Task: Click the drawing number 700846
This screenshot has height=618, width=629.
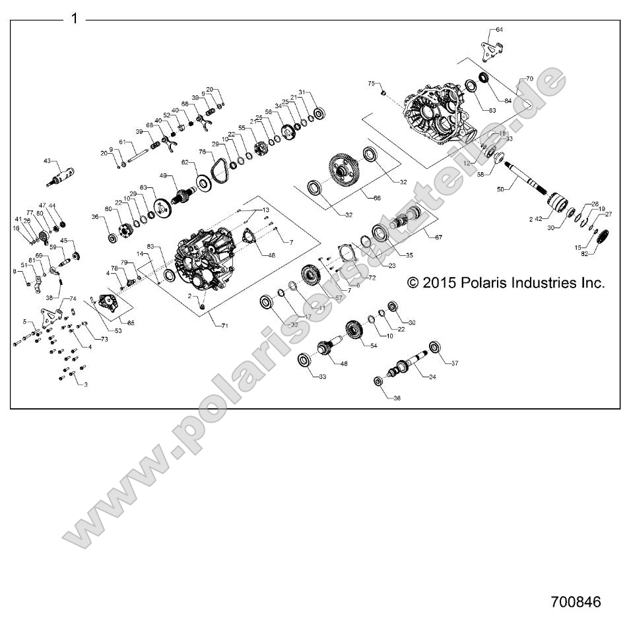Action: [x=576, y=602]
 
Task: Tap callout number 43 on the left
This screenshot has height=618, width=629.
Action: [x=48, y=161]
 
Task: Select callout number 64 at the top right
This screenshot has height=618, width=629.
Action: [x=499, y=30]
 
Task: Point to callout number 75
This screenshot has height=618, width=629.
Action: [x=371, y=84]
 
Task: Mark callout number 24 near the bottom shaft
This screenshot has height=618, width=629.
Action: [x=433, y=378]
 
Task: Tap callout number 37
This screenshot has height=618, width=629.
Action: [x=454, y=363]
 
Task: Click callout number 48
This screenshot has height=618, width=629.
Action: [x=343, y=363]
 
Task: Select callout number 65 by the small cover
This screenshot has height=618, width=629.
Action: [x=131, y=323]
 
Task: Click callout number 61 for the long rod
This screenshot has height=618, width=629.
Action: [x=121, y=142]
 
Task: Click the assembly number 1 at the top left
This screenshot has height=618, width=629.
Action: [x=74, y=18]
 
